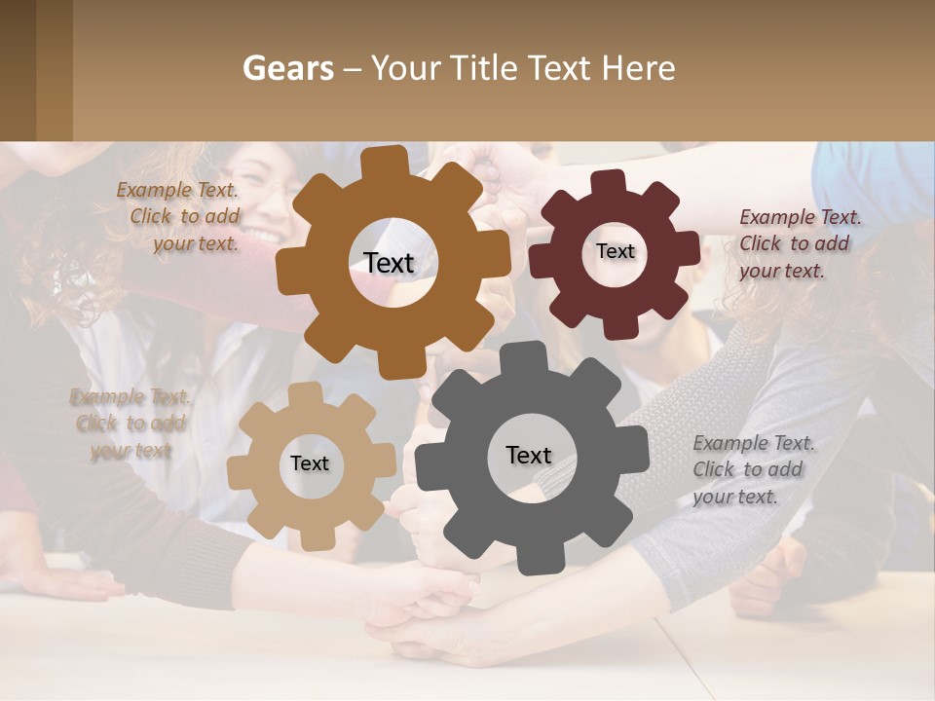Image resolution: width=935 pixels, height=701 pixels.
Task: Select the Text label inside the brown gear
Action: click(x=389, y=263)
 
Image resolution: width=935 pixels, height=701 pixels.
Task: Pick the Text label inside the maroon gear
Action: click(x=615, y=251)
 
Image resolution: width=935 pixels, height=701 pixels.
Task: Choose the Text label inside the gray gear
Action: click(x=529, y=455)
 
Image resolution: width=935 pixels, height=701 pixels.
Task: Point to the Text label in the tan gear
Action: click(x=310, y=463)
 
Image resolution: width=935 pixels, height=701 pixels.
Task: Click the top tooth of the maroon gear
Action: click(x=610, y=181)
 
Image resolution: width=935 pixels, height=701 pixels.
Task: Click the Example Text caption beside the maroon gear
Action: click(x=800, y=243)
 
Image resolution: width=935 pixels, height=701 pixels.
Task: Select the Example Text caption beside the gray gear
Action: click(x=754, y=469)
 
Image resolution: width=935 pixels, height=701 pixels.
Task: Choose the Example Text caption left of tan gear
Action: click(x=131, y=424)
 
